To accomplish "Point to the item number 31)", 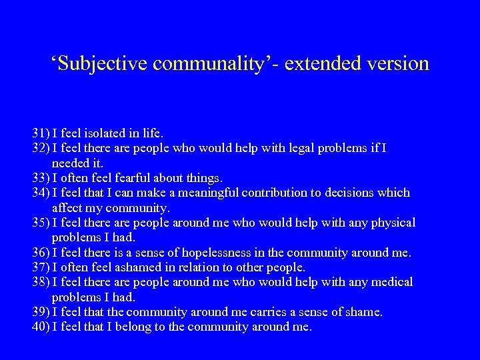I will [x=41, y=133].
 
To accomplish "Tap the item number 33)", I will [x=41, y=177].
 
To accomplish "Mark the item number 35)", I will [x=41, y=223].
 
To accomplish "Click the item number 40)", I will [x=41, y=327].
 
